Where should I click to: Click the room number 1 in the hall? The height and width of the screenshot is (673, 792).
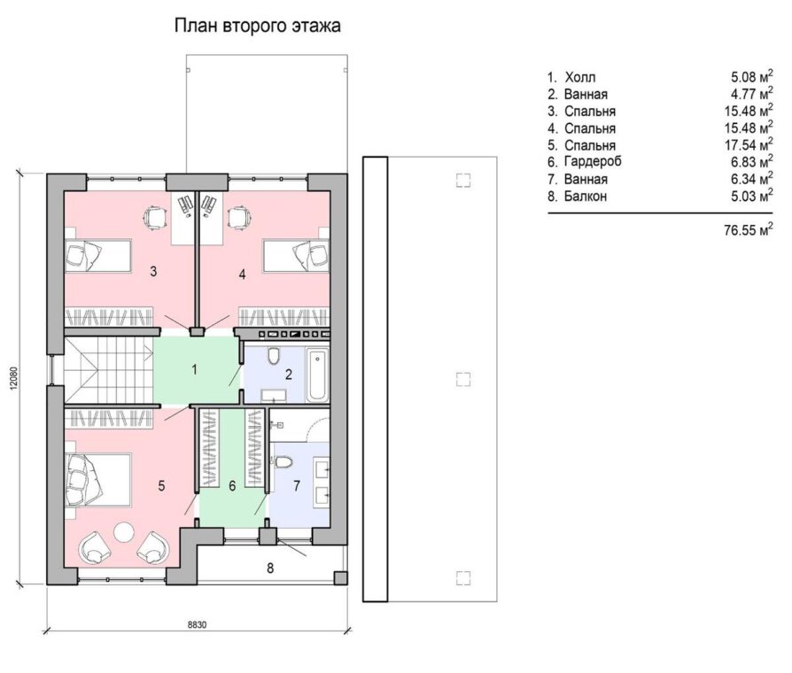(195, 370)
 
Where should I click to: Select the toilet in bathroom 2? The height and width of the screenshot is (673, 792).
(275, 355)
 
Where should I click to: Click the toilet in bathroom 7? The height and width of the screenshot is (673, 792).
(283, 462)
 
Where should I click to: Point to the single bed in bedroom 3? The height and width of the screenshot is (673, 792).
(98, 255)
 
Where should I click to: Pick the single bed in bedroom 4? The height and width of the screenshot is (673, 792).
(297, 255)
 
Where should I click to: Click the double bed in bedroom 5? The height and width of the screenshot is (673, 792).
(98, 479)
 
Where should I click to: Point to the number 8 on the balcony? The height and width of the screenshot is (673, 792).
(270, 569)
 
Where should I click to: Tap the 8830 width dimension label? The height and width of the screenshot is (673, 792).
(197, 624)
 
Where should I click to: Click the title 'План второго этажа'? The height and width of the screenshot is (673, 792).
(258, 26)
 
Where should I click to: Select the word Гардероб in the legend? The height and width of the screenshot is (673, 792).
(593, 161)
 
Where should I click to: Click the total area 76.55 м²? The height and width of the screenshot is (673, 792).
(749, 229)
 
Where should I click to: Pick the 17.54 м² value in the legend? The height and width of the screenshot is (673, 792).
(749, 145)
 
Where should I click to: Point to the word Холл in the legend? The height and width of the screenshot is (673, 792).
(580, 77)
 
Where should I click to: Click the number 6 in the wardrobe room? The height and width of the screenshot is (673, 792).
(232, 486)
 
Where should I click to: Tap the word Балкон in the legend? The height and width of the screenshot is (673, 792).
(586, 196)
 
